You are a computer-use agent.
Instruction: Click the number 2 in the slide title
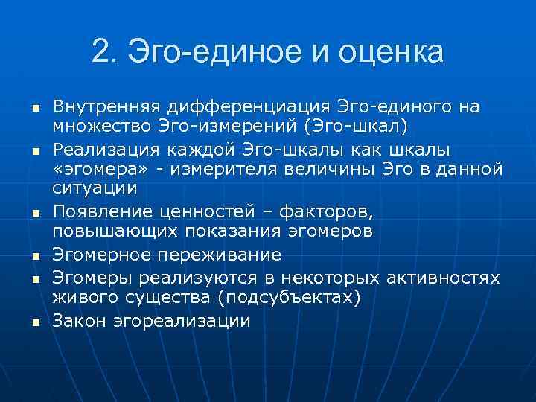pos(103,52)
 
